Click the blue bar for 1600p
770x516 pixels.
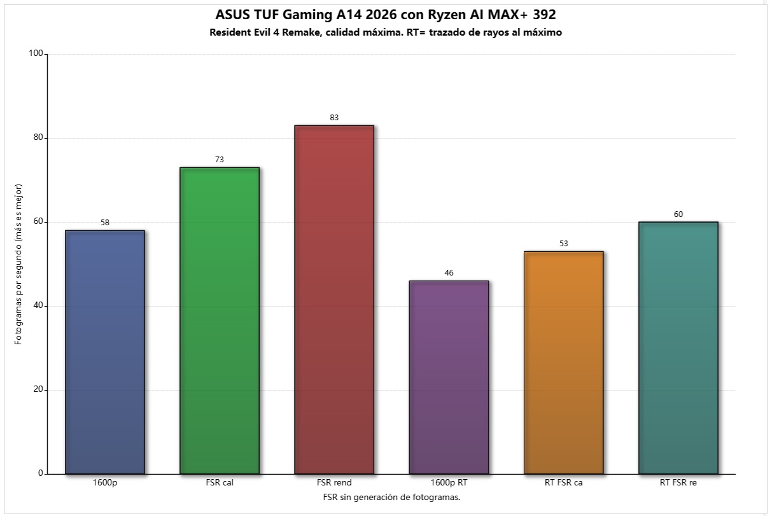105,352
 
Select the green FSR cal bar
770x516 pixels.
220,321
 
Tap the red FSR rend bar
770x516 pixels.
334,300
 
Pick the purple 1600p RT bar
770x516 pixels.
449,377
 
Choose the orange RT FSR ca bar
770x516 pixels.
563,363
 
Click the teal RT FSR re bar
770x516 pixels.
678,348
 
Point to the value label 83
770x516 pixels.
334,118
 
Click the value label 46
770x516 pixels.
449,273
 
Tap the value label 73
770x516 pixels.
220,160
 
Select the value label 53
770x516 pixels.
563,244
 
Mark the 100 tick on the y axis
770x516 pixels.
36,54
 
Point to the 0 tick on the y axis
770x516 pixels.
41,473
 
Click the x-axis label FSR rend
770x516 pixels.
334,483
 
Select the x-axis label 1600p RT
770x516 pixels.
449,483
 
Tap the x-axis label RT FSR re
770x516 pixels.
678,483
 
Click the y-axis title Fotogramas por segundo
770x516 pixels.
18,263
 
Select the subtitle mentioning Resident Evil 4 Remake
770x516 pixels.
385,32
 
